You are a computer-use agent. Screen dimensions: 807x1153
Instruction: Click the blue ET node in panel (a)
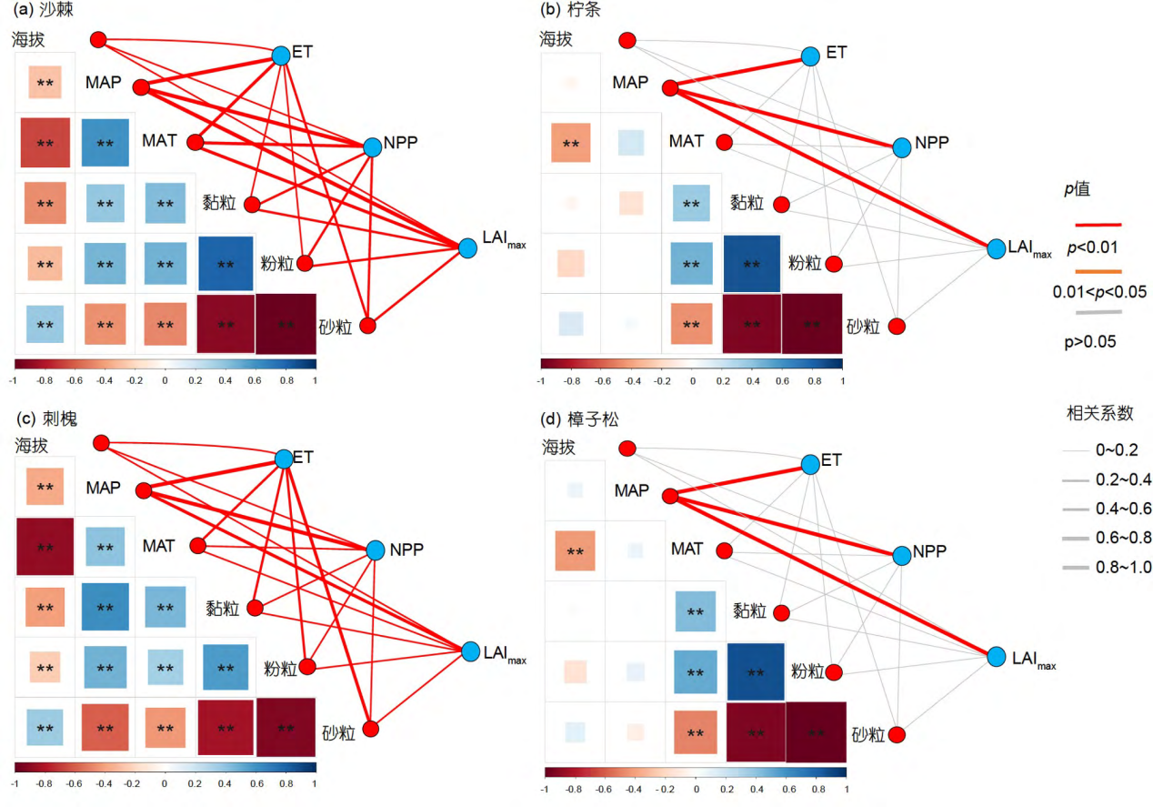(281, 55)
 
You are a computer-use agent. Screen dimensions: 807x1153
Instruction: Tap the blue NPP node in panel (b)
(901, 147)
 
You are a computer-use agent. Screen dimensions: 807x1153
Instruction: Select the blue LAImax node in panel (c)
(470, 651)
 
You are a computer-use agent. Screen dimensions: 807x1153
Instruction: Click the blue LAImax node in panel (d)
(997, 656)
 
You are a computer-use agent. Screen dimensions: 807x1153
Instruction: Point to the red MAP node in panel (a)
(141, 87)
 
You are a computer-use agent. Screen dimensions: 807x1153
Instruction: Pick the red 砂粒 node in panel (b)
(898, 326)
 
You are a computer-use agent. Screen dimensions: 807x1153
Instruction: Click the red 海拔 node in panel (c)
(101, 443)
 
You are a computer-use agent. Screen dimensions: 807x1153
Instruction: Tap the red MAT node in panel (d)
(725, 551)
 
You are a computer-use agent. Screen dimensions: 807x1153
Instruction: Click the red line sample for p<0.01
(1098, 224)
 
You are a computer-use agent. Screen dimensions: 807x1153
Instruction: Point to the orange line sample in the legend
(1098, 271)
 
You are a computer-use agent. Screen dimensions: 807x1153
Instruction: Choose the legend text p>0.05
(1091, 342)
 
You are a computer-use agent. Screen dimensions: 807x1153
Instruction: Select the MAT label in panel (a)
(158, 142)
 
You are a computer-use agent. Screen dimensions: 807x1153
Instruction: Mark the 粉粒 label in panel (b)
(805, 264)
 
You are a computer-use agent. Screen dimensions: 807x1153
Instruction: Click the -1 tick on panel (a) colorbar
(13, 378)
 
